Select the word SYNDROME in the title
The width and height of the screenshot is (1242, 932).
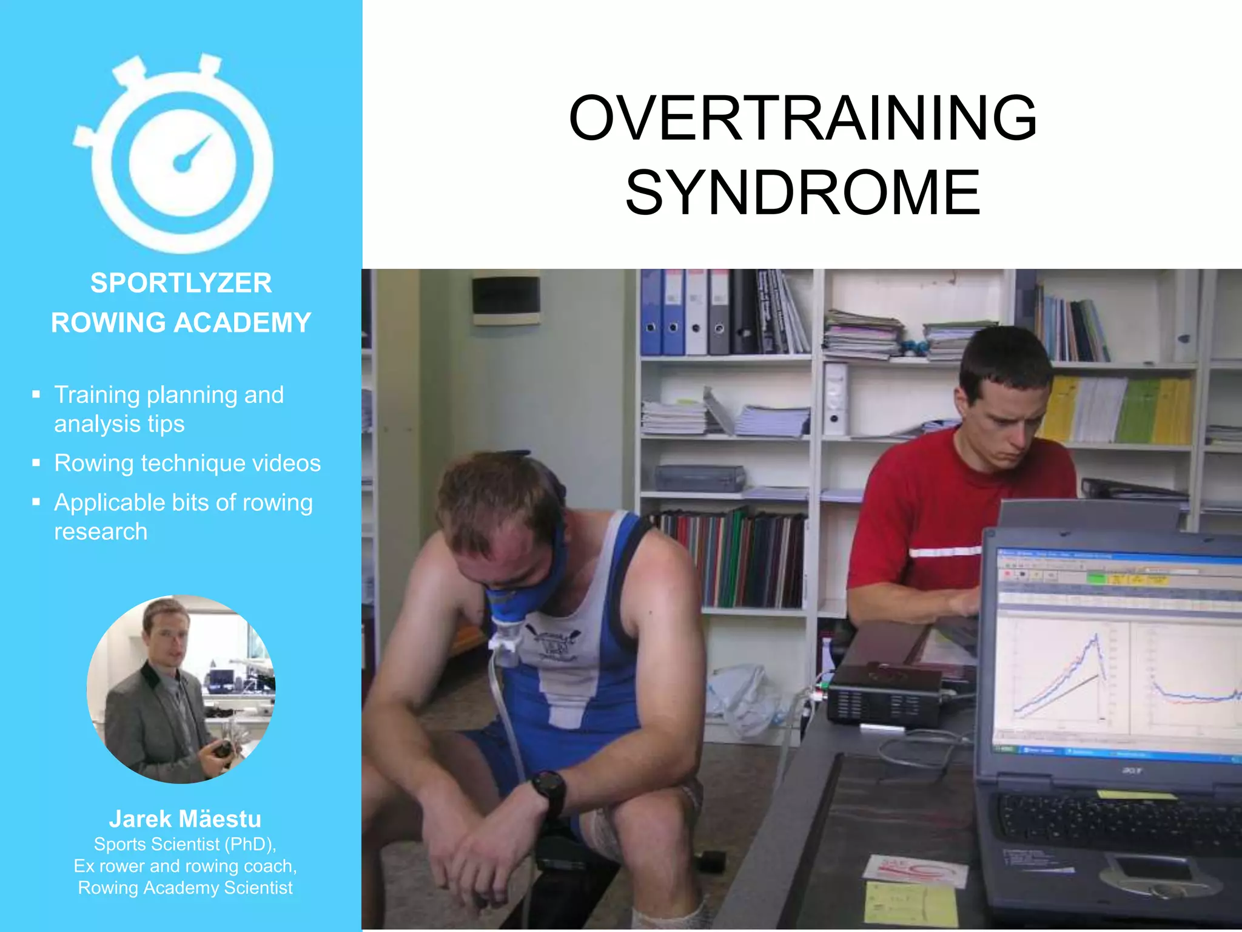[802, 193]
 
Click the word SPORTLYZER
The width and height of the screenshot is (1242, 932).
[181, 283]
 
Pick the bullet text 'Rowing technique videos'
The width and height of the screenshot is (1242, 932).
[187, 464]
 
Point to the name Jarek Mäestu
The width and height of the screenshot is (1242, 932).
[185, 819]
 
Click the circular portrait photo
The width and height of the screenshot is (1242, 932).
[181, 689]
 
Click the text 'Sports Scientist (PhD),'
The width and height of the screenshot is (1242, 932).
[185, 844]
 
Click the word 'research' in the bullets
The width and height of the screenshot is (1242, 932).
[101, 532]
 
